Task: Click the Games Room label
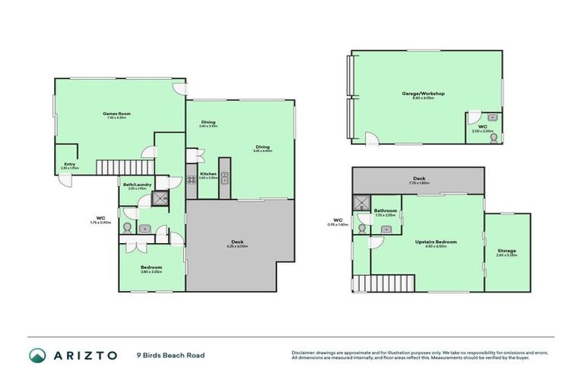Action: click(114, 114)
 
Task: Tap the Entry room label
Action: click(69, 164)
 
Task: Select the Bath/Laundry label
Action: click(138, 185)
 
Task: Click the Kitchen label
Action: click(208, 174)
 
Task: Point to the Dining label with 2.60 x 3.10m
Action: click(208, 123)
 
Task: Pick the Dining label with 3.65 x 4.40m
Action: click(262, 147)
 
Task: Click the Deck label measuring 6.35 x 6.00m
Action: click(238, 243)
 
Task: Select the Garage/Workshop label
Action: click(423, 94)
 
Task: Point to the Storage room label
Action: click(506, 251)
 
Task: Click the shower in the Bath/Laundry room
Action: click(160, 199)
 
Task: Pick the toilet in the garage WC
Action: click(492, 117)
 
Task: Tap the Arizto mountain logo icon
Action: click(37, 355)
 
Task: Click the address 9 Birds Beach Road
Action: click(170, 355)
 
